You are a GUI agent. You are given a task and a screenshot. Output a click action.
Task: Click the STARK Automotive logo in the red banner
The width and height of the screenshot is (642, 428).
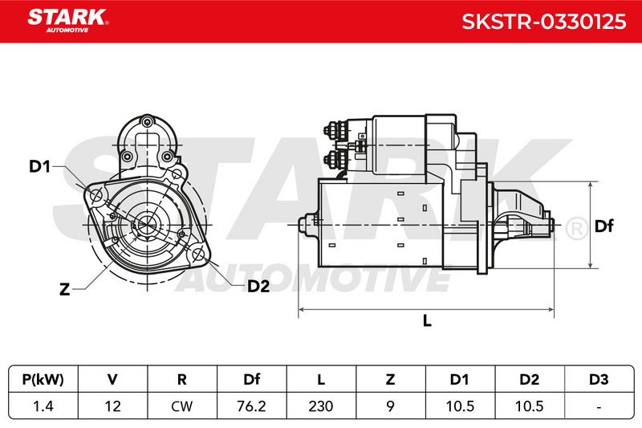click(x=67, y=21)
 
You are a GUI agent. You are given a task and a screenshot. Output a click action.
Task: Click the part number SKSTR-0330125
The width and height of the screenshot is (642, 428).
click(x=544, y=22)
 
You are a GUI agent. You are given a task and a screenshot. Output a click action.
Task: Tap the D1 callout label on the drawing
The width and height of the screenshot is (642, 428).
click(x=39, y=166)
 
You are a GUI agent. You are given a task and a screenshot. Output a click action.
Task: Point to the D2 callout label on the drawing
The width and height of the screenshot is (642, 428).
click(x=258, y=287)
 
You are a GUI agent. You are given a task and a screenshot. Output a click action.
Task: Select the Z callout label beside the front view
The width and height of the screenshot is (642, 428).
click(x=65, y=290)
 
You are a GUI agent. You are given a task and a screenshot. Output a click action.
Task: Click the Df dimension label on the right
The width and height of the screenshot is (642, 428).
click(x=604, y=226)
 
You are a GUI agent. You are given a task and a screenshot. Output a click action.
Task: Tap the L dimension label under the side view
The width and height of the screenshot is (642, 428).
click(x=427, y=320)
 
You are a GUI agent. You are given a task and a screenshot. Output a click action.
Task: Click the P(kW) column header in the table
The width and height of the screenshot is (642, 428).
click(x=43, y=379)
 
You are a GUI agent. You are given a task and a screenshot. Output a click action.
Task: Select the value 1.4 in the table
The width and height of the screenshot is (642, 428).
click(x=43, y=406)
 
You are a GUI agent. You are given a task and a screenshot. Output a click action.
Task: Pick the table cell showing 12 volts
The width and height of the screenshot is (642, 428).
click(x=112, y=406)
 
